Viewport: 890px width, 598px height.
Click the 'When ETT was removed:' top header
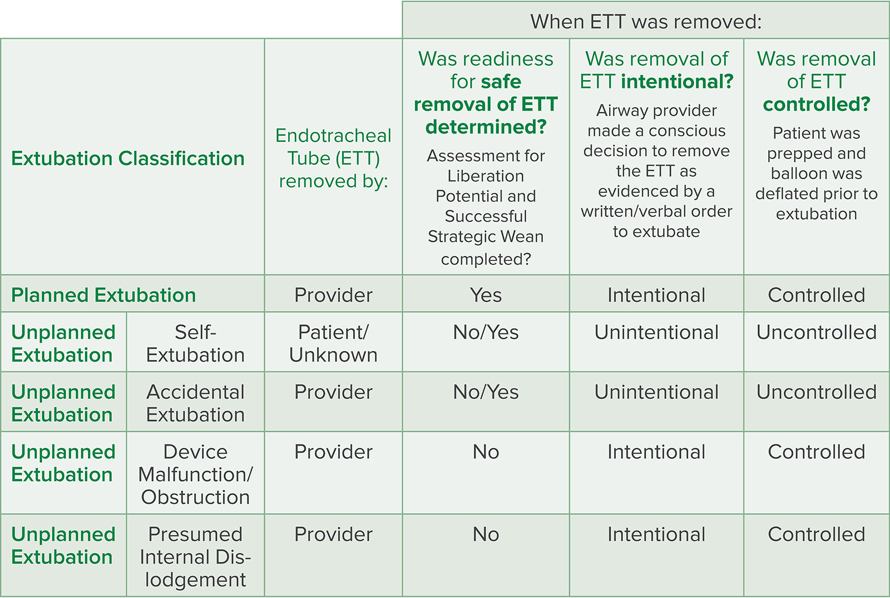click(x=646, y=22)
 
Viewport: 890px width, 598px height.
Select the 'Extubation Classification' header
click(x=128, y=158)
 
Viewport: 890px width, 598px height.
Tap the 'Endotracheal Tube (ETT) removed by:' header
click(x=333, y=158)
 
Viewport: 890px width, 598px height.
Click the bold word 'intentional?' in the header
click(x=678, y=81)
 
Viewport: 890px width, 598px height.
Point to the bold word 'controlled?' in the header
click(x=817, y=104)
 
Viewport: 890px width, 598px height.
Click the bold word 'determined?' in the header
click(x=486, y=127)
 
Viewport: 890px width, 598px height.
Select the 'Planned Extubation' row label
click(x=103, y=295)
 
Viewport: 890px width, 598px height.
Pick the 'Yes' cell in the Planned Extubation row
click(x=486, y=295)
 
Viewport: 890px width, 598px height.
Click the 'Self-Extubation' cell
click(x=195, y=343)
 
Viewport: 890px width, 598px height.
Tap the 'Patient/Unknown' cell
click(x=333, y=343)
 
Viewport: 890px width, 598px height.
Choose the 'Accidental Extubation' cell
click(x=195, y=403)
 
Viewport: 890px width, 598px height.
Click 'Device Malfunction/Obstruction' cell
click(x=195, y=475)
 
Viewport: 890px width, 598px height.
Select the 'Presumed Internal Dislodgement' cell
click(x=195, y=557)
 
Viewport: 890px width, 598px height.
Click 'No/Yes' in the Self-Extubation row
click(x=486, y=332)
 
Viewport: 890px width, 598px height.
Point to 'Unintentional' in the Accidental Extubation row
click(x=656, y=392)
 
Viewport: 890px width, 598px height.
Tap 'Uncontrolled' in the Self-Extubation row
click(x=817, y=332)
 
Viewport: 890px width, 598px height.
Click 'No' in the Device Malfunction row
click(x=486, y=452)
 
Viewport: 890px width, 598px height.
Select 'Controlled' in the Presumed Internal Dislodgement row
click(x=817, y=534)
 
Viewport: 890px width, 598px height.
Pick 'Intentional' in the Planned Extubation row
click(x=656, y=295)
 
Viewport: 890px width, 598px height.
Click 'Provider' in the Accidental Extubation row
click(x=333, y=392)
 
